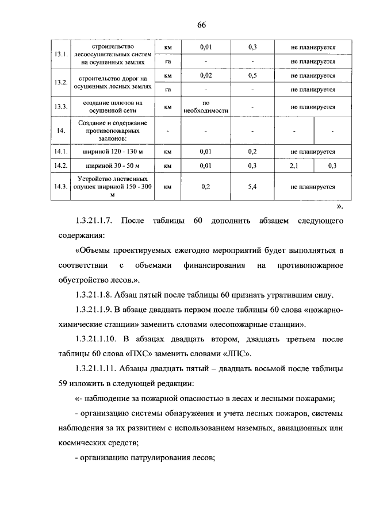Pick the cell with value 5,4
(x=252, y=187)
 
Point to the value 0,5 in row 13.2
(x=252, y=75)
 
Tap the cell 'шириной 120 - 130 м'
(x=113, y=152)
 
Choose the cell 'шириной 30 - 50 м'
(x=113, y=166)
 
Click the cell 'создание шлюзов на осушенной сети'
(x=113, y=107)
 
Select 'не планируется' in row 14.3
(x=313, y=187)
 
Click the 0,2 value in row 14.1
(x=252, y=152)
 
